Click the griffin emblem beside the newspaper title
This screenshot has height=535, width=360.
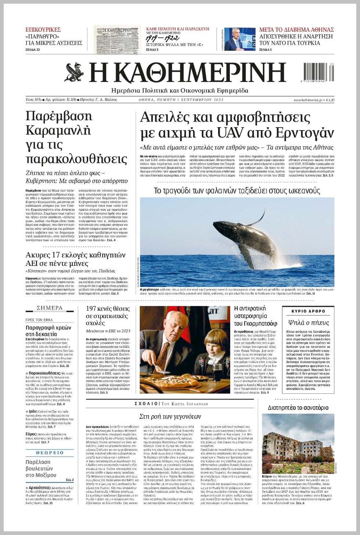[x=75, y=72]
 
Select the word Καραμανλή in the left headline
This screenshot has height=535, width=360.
[x=58, y=130]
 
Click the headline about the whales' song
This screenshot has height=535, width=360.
[x=237, y=190]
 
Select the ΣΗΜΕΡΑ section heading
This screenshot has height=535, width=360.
[x=50, y=308]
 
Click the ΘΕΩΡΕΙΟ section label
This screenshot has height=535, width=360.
[x=50, y=453]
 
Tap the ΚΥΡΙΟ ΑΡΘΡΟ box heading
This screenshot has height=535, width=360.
[x=308, y=311]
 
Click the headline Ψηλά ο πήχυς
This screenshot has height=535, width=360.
[x=308, y=322]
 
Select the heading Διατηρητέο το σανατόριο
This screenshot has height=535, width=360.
[x=298, y=407]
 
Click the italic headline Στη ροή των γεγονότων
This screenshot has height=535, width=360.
[x=170, y=416]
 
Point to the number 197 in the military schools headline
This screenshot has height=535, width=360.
[x=92, y=308]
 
